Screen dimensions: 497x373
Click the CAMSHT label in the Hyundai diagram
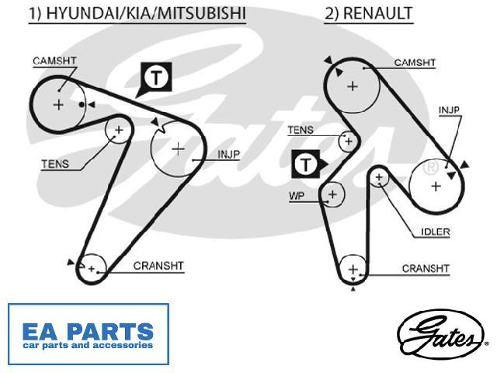[54, 61]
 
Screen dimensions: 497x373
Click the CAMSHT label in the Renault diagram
[415, 62]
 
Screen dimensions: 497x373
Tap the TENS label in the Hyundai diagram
[55, 164]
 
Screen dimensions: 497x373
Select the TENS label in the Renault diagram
[301, 130]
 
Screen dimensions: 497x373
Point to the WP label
[297, 196]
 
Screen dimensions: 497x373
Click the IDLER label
[435, 232]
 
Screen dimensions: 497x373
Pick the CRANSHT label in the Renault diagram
[426, 269]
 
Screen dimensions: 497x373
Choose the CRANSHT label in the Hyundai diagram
[158, 266]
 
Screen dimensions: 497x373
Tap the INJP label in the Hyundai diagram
[228, 155]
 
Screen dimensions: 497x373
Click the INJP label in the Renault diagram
[449, 110]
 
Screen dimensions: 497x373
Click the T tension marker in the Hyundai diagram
[156, 77]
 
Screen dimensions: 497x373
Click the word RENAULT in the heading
[377, 14]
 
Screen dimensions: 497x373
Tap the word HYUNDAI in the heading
[82, 14]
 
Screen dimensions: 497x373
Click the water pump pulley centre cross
[332, 194]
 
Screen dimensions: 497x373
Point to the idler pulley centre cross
[379, 177]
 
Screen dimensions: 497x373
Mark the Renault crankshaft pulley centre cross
[353, 270]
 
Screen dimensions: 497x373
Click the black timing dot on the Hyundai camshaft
[82, 104]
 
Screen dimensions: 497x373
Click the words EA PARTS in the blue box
[88, 332]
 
